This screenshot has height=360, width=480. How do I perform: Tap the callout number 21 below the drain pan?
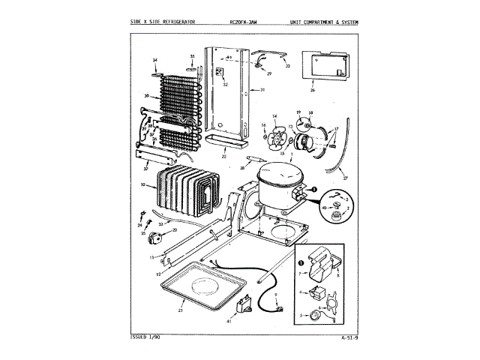point(181,308)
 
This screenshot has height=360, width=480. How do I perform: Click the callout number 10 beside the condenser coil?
point(143,184)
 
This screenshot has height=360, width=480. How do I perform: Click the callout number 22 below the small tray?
point(223,156)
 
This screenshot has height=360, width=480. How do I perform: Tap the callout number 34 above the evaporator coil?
point(154,59)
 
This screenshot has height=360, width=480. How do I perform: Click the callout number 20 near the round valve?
point(175,231)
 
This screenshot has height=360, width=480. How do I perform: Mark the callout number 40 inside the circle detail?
point(322,207)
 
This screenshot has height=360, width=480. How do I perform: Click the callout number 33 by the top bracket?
point(288,67)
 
